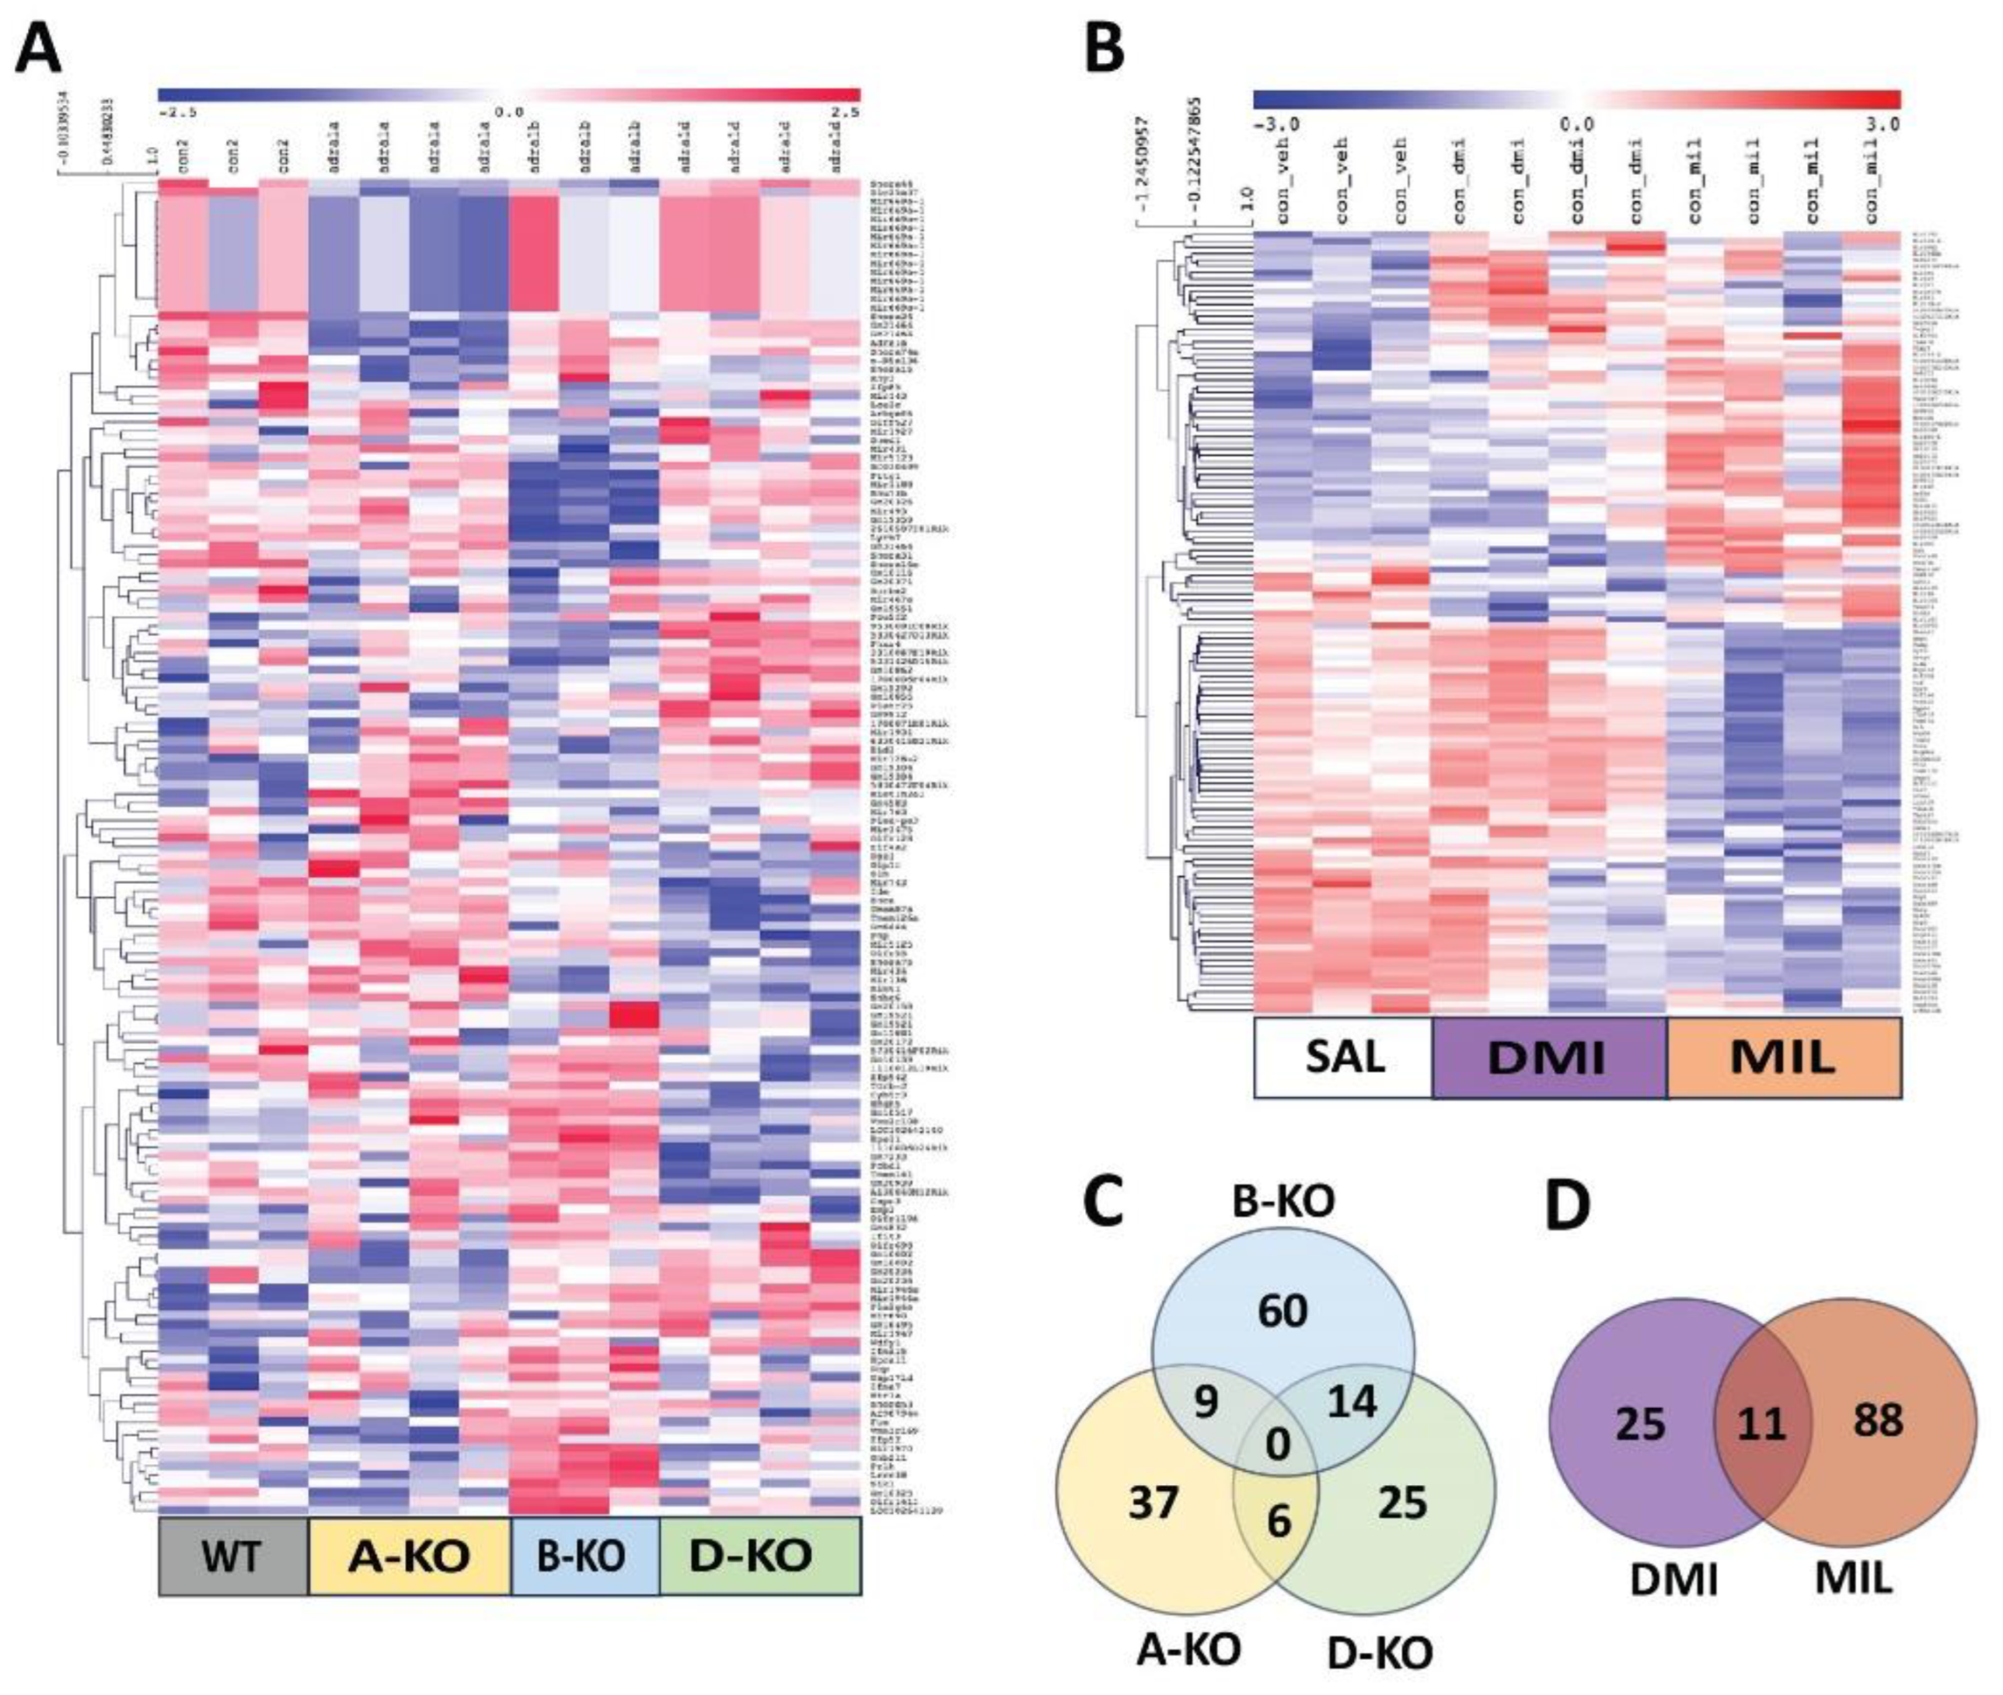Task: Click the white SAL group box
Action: [1342, 1057]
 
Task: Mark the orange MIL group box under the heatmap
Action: [1783, 1057]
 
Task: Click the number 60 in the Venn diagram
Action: [1282, 1311]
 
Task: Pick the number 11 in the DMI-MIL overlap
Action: [1761, 1423]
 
